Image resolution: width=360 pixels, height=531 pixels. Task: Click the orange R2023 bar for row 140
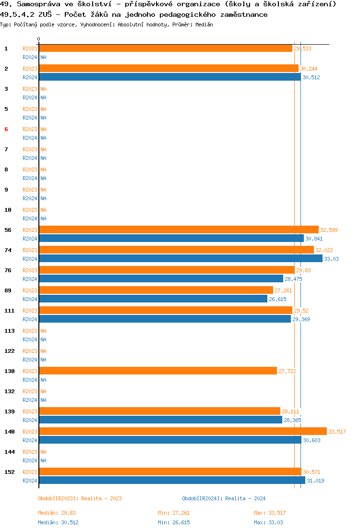pyautogui.click(x=182, y=432)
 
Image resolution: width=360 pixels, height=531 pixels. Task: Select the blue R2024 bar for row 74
pyautogui.click(x=180, y=259)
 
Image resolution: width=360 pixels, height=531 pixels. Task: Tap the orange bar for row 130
pyautogui.click(x=158, y=371)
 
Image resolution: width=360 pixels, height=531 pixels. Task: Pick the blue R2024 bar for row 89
pyautogui.click(x=153, y=299)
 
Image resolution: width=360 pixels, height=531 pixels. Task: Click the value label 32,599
pyautogui.click(x=329, y=230)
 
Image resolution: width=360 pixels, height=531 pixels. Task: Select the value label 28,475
pyautogui.click(x=293, y=279)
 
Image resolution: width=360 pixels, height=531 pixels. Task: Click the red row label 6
pyautogui.click(x=6, y=129)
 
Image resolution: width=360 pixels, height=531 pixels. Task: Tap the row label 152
pyautogui.click(x=10, y=472)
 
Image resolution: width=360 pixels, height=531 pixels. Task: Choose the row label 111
pyautogui.click(x=10, y=311)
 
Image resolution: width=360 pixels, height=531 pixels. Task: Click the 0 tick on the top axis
pyautogui.click(x=39, y=39)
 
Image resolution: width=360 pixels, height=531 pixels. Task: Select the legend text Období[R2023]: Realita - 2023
pyautogui.click(x=80, y=498)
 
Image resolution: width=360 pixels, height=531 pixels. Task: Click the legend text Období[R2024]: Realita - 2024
pyautogui.click(x=224, y=498)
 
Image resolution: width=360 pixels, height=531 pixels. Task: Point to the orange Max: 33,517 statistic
pyautogui.click(x=270, y=513)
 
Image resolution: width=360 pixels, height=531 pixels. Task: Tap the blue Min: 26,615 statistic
pyautogui.click(x=174, y=522)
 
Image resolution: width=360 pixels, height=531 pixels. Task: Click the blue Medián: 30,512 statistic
pyautogui.click(x=58, y=522)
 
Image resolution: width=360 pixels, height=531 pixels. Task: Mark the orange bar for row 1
pyautogui.click(x=166, y=48)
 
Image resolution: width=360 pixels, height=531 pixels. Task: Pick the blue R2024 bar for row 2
pyautogui.click(x=169, y=77)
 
